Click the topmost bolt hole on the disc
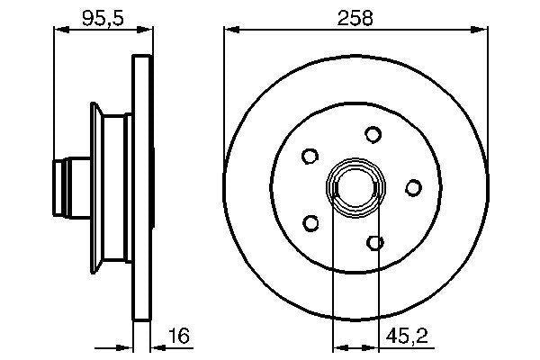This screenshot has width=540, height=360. point(373,134)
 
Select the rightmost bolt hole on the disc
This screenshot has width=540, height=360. point(413,187)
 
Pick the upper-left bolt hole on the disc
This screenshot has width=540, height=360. point(310,156)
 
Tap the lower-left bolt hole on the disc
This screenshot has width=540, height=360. point(311,221)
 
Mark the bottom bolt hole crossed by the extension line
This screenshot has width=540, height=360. point(376,241)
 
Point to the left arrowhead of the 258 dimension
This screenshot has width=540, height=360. point(229,31)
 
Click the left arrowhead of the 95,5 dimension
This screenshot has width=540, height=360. point(59,31)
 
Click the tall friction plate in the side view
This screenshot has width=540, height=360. point(142,187)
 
